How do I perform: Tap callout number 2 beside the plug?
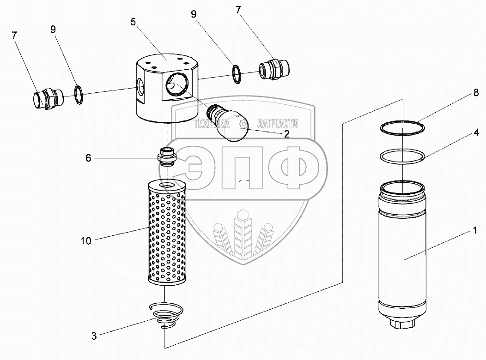pyautogui.click(x=286, y=134)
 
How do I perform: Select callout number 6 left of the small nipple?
pyautogui.click(x=88, y=157)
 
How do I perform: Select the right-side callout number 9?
pyautogui.click(x=193, y=14)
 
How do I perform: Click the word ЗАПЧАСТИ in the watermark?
pyautogui.click(x=277, y=124)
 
